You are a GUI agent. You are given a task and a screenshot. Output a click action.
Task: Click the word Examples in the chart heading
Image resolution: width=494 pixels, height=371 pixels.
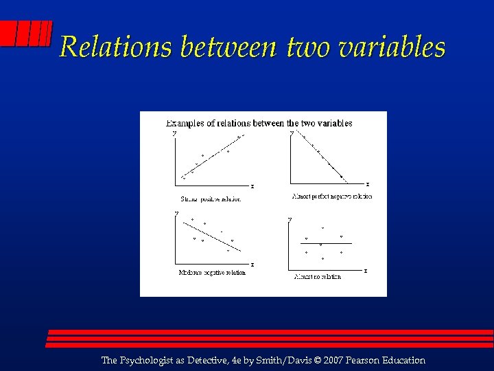pos(185,123)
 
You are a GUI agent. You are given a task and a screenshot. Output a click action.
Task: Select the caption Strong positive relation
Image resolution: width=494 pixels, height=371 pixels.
pos(211,199)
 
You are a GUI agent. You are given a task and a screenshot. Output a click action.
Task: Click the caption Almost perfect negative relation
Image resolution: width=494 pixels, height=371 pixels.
pos(332,196)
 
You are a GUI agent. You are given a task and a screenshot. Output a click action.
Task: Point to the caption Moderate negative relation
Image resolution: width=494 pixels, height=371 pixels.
pos(212,272)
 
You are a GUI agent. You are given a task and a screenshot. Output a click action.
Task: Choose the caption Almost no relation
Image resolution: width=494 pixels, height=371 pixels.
pos(317,277)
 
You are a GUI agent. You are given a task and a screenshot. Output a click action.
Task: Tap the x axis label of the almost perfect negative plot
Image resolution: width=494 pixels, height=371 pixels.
pos(368,183)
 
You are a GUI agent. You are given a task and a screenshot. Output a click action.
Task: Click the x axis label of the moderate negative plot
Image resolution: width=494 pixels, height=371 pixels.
pos(252,264)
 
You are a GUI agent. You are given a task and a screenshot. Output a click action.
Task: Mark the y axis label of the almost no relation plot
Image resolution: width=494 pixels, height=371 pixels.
pos(290,218)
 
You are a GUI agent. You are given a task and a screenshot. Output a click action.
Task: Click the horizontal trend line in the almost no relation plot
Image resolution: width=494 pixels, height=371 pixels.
pos(322,244)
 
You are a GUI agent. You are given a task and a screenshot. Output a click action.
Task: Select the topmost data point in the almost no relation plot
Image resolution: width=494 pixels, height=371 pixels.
pos(322,228)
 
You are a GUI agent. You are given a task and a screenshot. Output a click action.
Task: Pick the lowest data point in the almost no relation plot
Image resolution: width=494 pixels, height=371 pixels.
pos(322,259)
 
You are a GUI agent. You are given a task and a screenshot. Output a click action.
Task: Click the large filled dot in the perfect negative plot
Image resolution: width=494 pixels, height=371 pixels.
pos(342,177)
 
